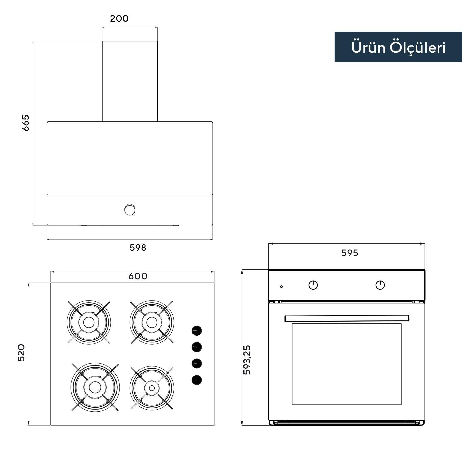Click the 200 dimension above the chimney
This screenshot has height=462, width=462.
click(x=119, y=18)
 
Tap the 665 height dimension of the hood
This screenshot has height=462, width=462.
click(x=26, y=123)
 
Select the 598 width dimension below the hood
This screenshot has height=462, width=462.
click(x=138, y=248)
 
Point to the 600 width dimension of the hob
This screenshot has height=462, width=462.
click(x=138, y=276)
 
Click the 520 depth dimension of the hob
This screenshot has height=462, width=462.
click(x=21, y=352)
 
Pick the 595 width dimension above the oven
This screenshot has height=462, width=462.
click(x=349, y=253)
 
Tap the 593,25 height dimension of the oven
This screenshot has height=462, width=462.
click(x=247, y=360)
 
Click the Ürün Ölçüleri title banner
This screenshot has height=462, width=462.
click(x=398, y=47)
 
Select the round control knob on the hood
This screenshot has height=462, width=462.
click(x=130, y=210)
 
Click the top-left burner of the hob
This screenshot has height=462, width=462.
click(x=89, y=323)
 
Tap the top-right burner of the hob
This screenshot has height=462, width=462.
click(x=152, y=322)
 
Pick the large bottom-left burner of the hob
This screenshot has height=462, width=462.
click(x=95, y=387)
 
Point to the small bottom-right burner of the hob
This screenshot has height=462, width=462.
click(x=152, y=388)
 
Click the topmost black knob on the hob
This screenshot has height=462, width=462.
click(x=197, y=331)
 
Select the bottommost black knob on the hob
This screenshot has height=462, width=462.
click(x=197, y=380)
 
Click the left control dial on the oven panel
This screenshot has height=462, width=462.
click(x=313, y=285)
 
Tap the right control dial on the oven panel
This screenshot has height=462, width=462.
click(x=380, y=285)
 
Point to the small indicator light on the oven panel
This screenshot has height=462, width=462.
click(x=281, y=287)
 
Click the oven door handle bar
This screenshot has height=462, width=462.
click(x=346, y=318)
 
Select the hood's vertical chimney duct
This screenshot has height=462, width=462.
click(x=130, y=81)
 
